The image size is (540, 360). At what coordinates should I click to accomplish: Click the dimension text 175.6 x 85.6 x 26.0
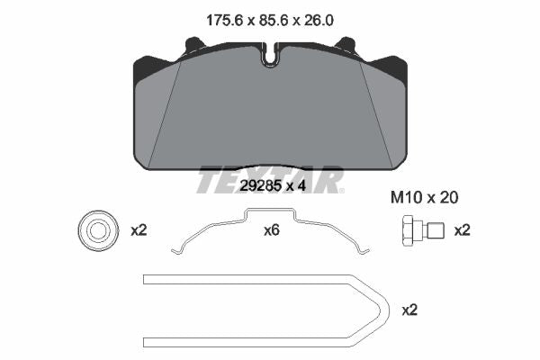(270, 21)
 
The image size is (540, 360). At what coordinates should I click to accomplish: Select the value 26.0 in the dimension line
(319, 21)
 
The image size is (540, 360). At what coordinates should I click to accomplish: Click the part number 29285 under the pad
(259, 186)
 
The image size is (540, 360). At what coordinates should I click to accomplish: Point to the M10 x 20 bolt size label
(424, 198)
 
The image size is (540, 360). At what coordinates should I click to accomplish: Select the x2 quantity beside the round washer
(139, 230)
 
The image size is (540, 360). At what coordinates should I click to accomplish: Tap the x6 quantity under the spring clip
(272, 230)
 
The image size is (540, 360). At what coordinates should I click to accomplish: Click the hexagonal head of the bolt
(409, 230)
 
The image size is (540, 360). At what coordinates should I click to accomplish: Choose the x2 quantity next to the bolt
(462, 230)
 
